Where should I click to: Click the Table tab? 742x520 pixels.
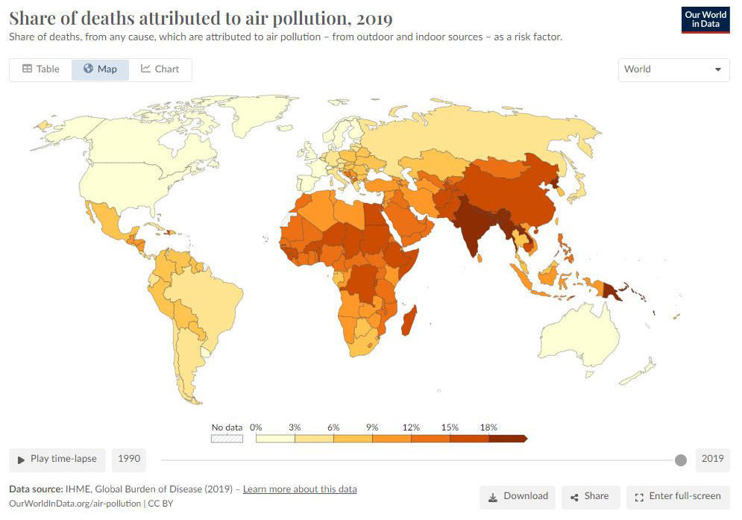[x=40, y=69]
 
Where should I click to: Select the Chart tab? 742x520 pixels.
[x=160, y=69]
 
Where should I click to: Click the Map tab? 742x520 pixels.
[x=100, y=69]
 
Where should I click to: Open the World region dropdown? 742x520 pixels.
[x=673, y=69]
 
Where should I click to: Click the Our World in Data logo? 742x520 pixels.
[x=705, y=20]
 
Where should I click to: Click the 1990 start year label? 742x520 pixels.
[x=128, y=459]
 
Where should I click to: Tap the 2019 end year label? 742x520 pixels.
[x=712, y=459]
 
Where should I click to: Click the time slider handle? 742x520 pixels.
[x=680, y=460]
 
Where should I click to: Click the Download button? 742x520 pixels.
[x=518, y=496]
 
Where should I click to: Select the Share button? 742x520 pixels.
[x=590, y=496]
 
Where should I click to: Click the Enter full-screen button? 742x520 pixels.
[x=678, y=496]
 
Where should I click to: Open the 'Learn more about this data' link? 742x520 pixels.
[x=300, y=489]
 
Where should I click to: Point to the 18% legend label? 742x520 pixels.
[x=488, y=427]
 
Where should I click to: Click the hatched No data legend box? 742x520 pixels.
[x=227, y=439]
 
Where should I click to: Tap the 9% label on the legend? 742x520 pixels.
[x=372, y=427]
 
